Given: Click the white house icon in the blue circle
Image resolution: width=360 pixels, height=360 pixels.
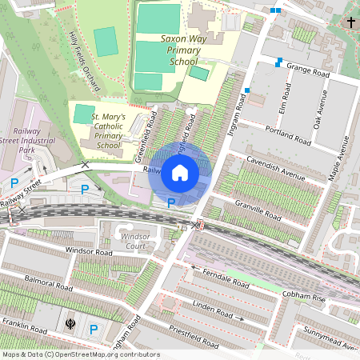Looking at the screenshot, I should coord(180,173).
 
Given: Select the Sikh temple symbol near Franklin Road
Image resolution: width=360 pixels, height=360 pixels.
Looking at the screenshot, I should coord(70,326).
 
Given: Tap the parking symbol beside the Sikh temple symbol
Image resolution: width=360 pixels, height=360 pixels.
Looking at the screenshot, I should coord(94,328).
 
